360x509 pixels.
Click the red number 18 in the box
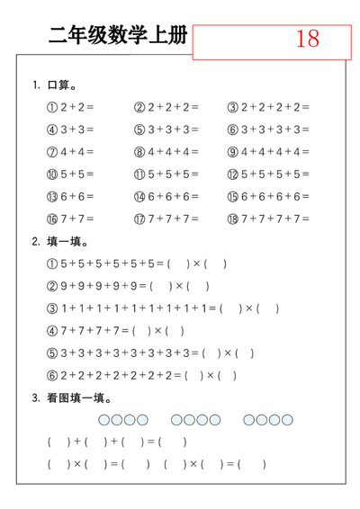pos(307,40)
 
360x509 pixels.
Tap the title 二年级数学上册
pos(119,36)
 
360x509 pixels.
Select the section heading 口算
pos(60,85)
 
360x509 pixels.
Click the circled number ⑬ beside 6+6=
pos(52,196)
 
